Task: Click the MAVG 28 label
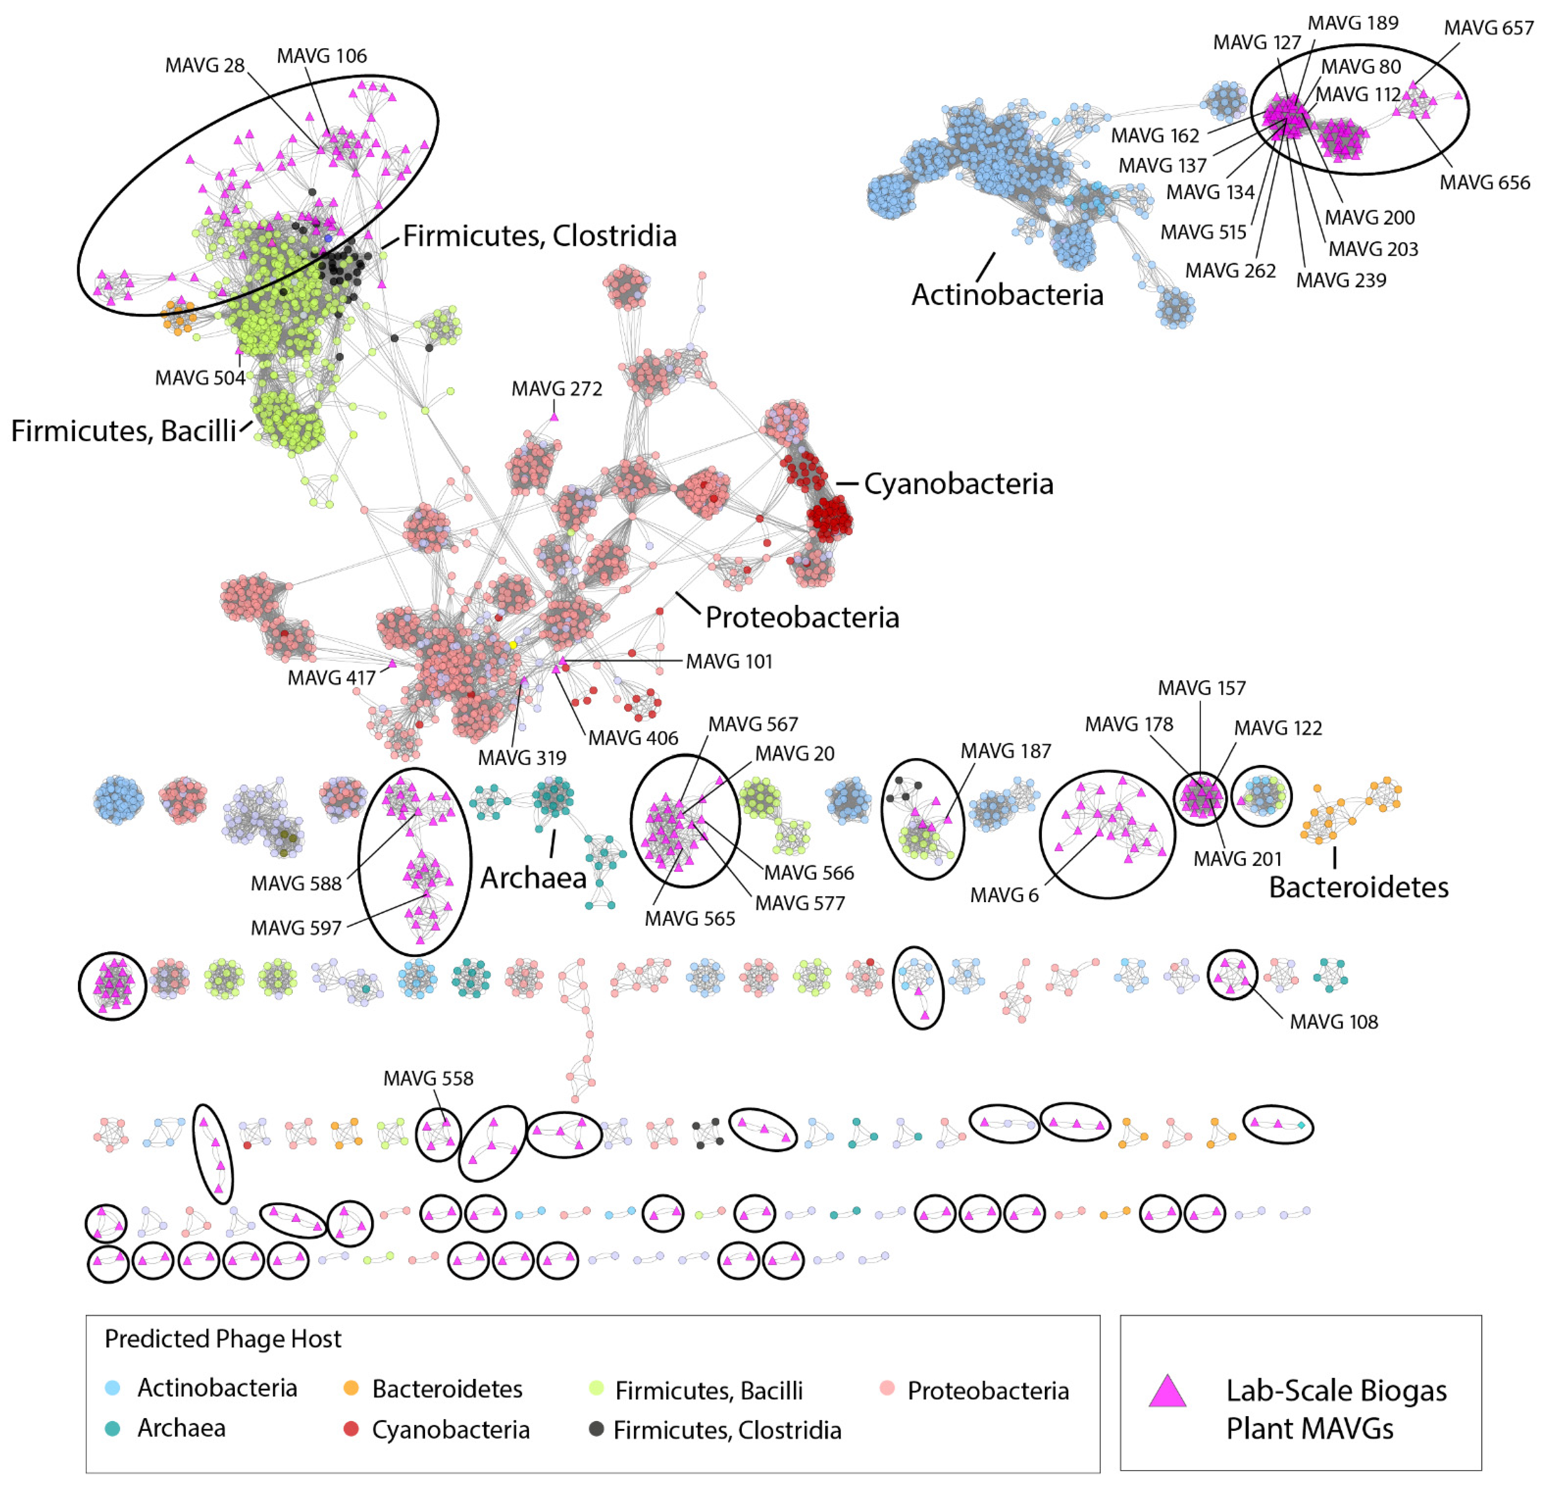coord(205,65)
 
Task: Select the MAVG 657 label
coord(1488,29)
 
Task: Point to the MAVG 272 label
coord(557,389)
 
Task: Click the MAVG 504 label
coord(200,378)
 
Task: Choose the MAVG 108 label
coord(1334,1022)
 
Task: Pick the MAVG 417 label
coord(332,678)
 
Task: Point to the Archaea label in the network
coord(533,878)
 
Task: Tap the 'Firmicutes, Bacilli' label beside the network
coord(124,431)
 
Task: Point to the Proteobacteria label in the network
coord(802,617)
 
